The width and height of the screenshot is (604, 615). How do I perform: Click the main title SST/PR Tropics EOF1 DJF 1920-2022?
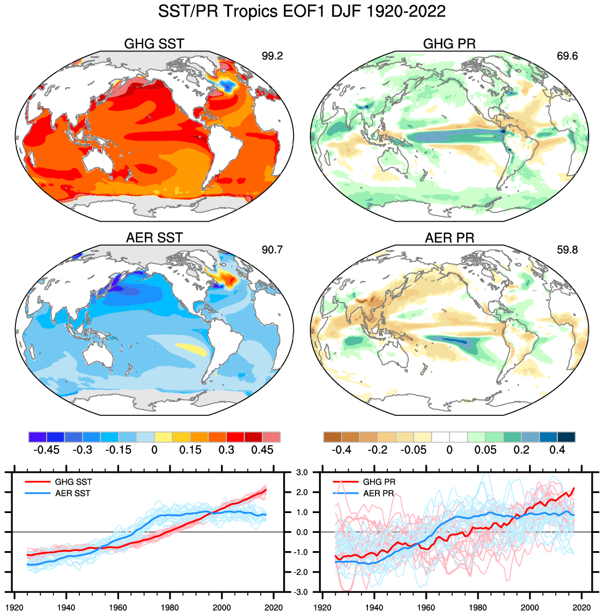(301, 11)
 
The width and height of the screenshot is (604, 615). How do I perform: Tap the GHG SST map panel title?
(154, 44)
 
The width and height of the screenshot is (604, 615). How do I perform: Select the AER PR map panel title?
(450, 238)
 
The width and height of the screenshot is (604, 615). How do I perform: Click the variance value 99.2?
(272, 56)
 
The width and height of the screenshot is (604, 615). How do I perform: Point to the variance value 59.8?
(567, 250)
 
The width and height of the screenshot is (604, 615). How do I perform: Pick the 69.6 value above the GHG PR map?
(567, 56)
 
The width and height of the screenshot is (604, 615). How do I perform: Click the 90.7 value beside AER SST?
(272, 250)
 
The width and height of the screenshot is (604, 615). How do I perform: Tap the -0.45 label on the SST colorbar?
(46, 450)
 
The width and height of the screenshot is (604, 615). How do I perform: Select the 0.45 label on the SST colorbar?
(262, 450)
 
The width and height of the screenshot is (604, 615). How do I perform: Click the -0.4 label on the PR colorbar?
(342, 450)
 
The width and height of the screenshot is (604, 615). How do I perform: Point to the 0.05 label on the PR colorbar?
(485, 450)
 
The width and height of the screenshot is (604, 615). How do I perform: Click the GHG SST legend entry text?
(73, 482)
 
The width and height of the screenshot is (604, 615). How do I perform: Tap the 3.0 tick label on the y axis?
(301, 472)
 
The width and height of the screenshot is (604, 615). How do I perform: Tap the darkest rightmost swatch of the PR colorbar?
(566, 437)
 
